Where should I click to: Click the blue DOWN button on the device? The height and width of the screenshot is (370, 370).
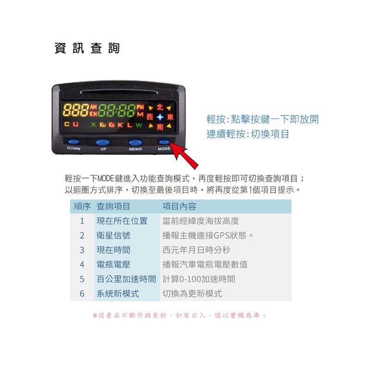click(74, 142)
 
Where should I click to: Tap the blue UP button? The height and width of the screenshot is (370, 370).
click(102, 142)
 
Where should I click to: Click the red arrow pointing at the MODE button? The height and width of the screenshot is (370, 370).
click(184, 155)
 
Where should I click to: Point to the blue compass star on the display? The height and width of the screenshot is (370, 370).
click(160, 117)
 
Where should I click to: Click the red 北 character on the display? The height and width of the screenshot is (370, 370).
click(160, 107)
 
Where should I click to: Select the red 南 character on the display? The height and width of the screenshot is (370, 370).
click(160, 127)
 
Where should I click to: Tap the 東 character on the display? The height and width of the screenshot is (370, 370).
click(170, 117)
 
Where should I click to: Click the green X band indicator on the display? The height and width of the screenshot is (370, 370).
click(93, 124)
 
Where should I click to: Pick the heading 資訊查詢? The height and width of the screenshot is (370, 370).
click(87, 48)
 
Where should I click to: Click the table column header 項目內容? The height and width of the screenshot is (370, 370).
click(179, 206)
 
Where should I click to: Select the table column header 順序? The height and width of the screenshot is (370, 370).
click(82, 206)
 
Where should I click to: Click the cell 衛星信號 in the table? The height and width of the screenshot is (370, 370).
click(113, 235)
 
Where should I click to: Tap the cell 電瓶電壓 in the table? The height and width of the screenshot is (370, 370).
click(113, 265)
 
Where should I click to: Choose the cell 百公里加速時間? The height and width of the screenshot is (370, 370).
click(126, 279)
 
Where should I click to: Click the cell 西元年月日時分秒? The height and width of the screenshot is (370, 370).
click(196, 250)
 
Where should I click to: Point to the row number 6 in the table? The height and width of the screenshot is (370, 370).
click(82, 294)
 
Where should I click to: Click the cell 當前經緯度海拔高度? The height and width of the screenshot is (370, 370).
click(201, 221)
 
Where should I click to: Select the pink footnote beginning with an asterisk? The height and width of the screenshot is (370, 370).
click(179, 315)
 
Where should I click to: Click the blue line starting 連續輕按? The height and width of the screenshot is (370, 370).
click(247, 134)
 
